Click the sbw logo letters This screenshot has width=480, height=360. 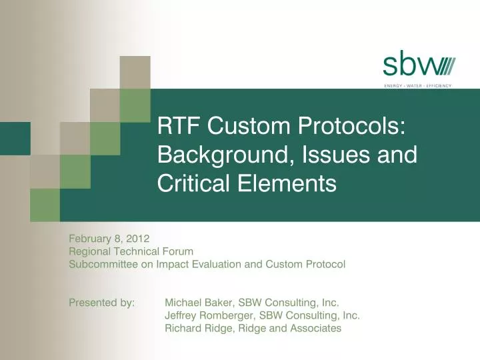pos(407,67)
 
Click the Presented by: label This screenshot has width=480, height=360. pos(101,303)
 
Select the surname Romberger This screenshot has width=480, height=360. pos(228,315)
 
